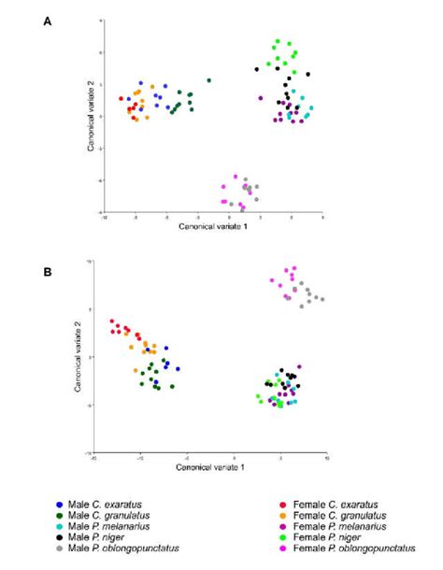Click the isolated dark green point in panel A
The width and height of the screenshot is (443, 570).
pyautogui.click(x=209, y=80)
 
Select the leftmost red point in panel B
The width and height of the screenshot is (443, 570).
pyautogui.click(x=111, y=321)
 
